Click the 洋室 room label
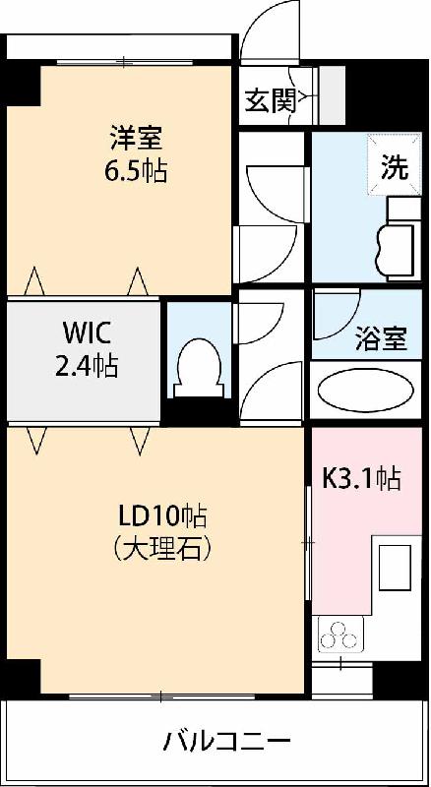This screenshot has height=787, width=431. coord(137,139)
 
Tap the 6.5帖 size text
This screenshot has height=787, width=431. coord(136,171)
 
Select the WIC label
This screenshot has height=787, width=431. coord(88,333)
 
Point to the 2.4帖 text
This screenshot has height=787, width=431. coord(87,366)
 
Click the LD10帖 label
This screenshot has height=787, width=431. coord(161,516)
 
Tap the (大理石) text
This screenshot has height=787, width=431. coord(161,549)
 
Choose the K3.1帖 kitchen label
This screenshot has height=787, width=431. coord(362,478)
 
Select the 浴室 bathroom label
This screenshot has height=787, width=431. coord(381,338)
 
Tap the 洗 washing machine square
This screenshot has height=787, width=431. coord(395,163)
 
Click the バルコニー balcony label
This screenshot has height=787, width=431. coord(227,741)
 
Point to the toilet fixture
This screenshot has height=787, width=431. coord(198,368)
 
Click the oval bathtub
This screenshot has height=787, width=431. coord(366,390)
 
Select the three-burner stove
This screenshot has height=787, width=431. coord(340,635)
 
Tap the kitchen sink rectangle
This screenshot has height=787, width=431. coord(395,568)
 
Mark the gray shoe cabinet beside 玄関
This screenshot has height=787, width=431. coord(332,95)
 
